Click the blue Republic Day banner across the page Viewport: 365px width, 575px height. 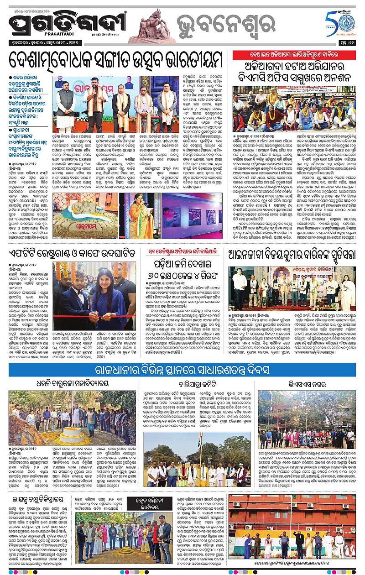(182, 370)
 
